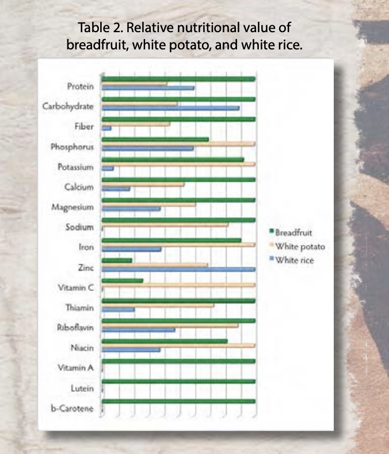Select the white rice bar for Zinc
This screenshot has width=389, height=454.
tap(178, 269)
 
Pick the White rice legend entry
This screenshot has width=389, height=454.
tap(295, 260)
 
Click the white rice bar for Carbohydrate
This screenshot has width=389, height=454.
tap(170, 107)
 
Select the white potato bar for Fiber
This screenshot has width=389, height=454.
tap(136, 124)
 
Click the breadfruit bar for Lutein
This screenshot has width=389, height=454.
tap(178, 382)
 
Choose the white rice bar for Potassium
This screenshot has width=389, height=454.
tap(108, 168)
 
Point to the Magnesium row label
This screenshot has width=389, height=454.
tap(73, 207)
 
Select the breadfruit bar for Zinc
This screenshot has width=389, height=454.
tap(117, 261)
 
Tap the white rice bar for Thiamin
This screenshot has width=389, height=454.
tap(118, 309)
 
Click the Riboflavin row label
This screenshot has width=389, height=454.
tap(75, 328)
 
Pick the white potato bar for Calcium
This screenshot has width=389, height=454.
tap(143, 184)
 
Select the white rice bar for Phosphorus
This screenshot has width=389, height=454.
tap(148, 148)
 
